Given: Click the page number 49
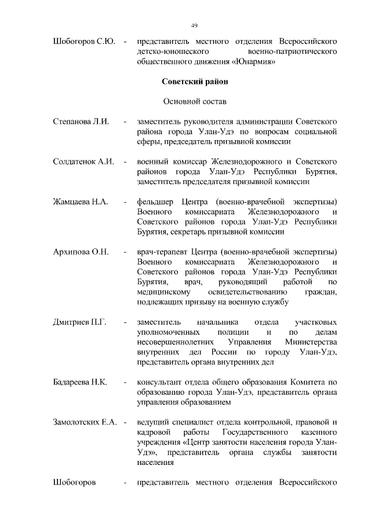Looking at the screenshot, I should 195,24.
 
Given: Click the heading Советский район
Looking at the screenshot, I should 195,82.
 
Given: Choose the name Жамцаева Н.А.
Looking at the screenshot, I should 81,201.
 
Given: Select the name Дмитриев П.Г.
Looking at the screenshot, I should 79,321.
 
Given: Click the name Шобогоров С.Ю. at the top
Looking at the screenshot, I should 84,42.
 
